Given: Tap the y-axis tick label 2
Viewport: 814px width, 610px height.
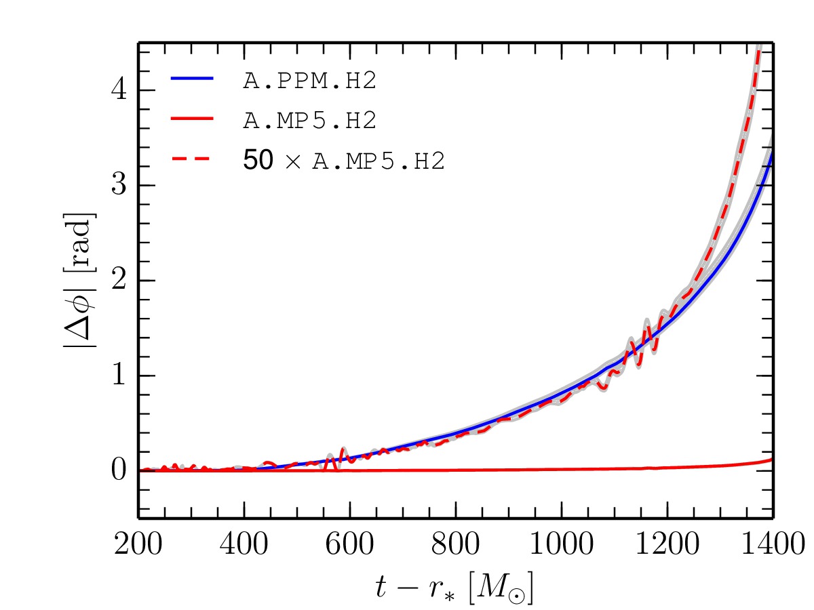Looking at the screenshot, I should point(120,281).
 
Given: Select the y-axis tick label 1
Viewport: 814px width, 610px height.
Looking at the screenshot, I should point(120,375).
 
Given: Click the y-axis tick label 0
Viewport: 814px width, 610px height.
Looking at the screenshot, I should point(120,470).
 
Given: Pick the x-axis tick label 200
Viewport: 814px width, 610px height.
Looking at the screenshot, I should point(140,544).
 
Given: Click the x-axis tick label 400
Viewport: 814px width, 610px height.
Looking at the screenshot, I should point(245,544).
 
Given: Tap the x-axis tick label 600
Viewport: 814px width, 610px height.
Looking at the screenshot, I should point(351,544).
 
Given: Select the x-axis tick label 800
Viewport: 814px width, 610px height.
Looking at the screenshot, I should point(457,544).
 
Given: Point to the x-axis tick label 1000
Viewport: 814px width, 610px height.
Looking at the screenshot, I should point(562,544).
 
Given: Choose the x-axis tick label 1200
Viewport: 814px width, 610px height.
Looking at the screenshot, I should point(667,544).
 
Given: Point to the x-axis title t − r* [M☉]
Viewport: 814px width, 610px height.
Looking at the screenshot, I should point(455,585).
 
